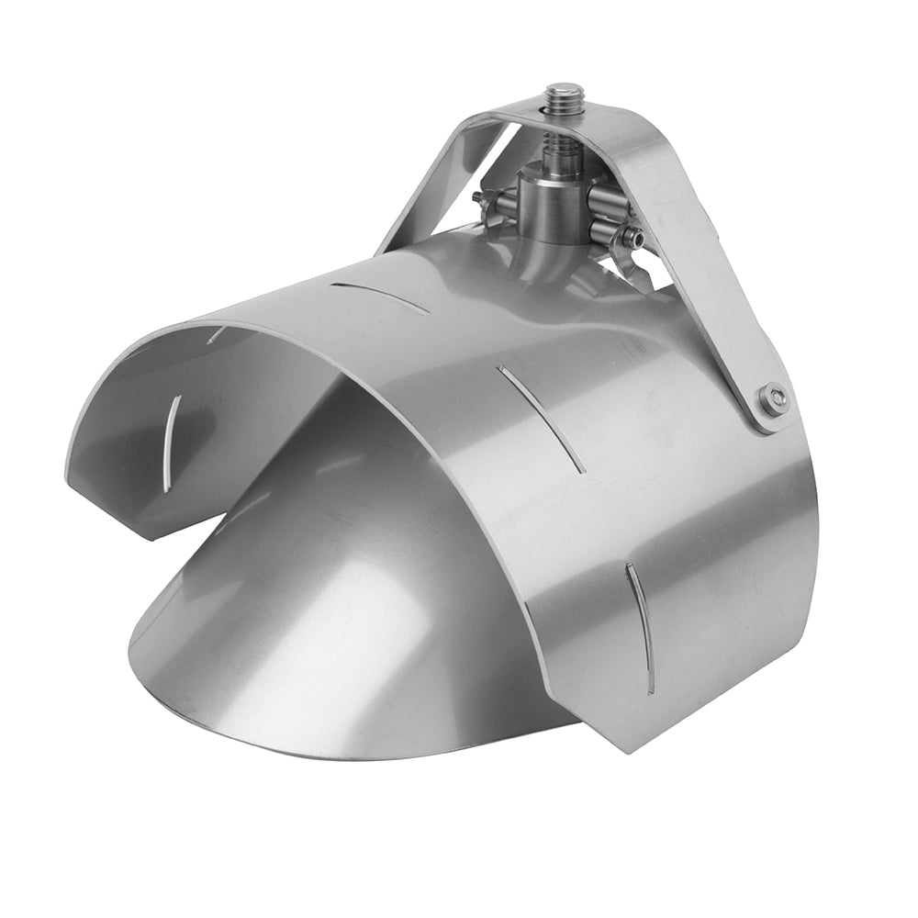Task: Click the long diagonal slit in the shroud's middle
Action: pyautogui.click(x=542, y=420)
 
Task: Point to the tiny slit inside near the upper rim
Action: pyautogui.click(x=216, y=335)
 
